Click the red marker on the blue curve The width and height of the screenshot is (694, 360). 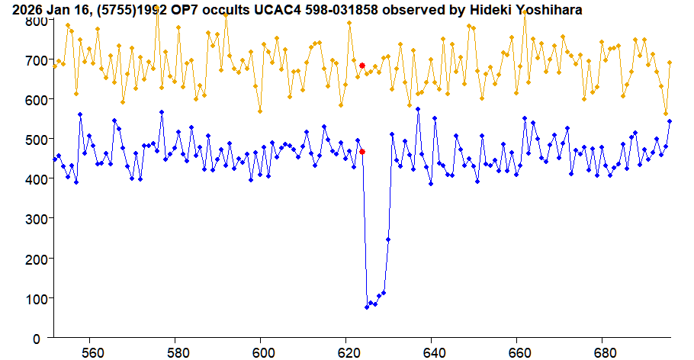click(362, 152)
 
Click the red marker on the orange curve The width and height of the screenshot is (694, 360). click(362, 66)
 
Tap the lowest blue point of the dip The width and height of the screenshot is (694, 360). click(367, 307)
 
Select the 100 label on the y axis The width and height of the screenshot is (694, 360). click(32, 298)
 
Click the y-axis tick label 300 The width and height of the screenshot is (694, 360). click(32, 219)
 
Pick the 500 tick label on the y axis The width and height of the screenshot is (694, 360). click(32, 140)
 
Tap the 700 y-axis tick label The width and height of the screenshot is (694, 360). click(32, 60)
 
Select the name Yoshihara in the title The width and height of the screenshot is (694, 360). click(548, 10)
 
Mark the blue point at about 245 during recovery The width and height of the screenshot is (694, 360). click(388, 239)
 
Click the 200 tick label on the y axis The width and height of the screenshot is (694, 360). click(32, 259)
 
